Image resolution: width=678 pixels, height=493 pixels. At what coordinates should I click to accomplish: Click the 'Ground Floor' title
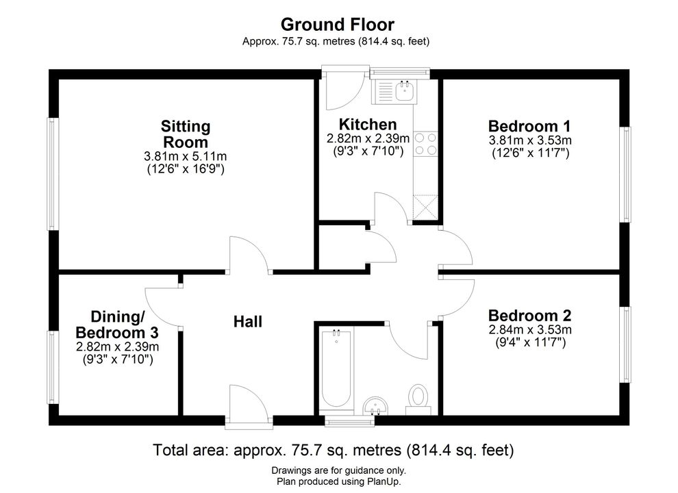[337, 25]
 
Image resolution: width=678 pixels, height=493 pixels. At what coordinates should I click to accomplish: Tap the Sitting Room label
[186, 134]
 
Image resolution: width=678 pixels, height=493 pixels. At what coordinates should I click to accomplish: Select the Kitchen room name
[368, 125]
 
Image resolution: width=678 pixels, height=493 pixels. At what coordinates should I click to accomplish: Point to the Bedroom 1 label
[529, 126]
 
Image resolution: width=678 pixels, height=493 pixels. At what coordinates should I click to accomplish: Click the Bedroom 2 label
[529, 315]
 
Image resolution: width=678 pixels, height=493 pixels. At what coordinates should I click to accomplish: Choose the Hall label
[248, 322]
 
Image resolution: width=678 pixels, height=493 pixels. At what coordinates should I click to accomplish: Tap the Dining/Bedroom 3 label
[117, 325]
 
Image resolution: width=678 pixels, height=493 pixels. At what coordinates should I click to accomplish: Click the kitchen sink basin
[405, 91]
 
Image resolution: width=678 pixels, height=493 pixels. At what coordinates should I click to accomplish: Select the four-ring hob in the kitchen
[425, 144]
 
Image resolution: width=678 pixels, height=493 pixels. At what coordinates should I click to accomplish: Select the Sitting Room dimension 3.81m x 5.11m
[185, 156]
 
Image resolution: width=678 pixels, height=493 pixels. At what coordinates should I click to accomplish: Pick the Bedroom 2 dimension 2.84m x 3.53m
[530, 330]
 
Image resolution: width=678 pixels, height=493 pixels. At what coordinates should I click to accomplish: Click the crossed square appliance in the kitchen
[425, 208]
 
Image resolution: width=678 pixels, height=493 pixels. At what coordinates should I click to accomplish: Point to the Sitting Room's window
[53, 174]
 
